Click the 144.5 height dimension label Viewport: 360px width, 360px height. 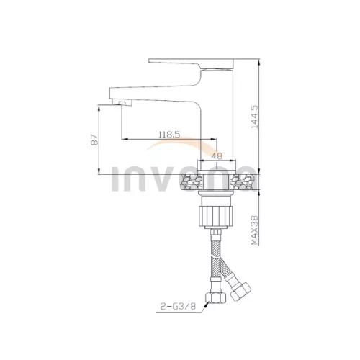255,117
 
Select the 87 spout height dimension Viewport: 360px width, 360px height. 95,139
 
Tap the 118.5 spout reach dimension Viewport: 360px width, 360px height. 169,135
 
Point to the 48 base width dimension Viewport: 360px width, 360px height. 217,156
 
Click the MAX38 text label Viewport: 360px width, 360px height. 255,230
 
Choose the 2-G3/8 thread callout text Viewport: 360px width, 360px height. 178,307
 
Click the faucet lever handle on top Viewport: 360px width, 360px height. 191,64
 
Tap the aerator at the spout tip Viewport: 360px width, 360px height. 122,103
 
